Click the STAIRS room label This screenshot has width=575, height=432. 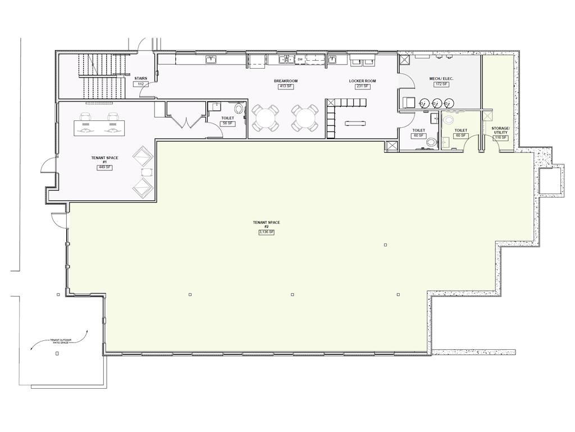click(141, 78)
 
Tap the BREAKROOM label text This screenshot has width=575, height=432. click(286, 81)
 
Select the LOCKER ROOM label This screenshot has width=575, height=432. click(362, 81)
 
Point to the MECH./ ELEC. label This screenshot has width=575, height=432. click(441, 78)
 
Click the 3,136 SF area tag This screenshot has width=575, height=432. click(266, 232)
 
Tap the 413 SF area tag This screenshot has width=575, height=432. click(286, 86)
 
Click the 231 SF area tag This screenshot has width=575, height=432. click(362, 86)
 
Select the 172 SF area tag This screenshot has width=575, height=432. click(441, 84)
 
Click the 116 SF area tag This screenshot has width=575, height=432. click(500, 137)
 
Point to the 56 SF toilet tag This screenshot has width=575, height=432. click(227, 123)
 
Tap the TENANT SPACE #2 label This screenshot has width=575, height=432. click(266, 224)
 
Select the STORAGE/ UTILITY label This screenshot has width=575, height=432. click(500, 130)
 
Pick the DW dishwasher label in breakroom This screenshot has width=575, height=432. click(300, 59)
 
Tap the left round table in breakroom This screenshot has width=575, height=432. click(264, 118)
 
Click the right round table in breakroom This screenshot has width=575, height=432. click(304, 118)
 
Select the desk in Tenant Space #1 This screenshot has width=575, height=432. click(99, 128)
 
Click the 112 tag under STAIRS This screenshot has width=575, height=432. click(141, 84)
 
